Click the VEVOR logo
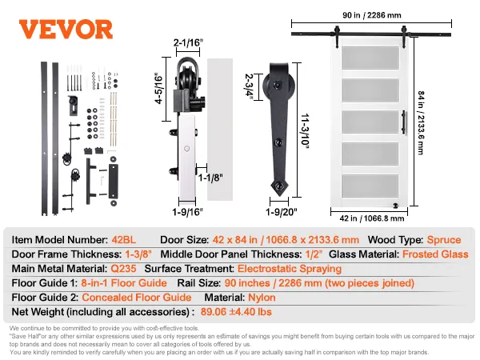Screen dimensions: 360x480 tap(66, 30)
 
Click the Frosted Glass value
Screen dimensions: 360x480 tap(434, 254)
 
